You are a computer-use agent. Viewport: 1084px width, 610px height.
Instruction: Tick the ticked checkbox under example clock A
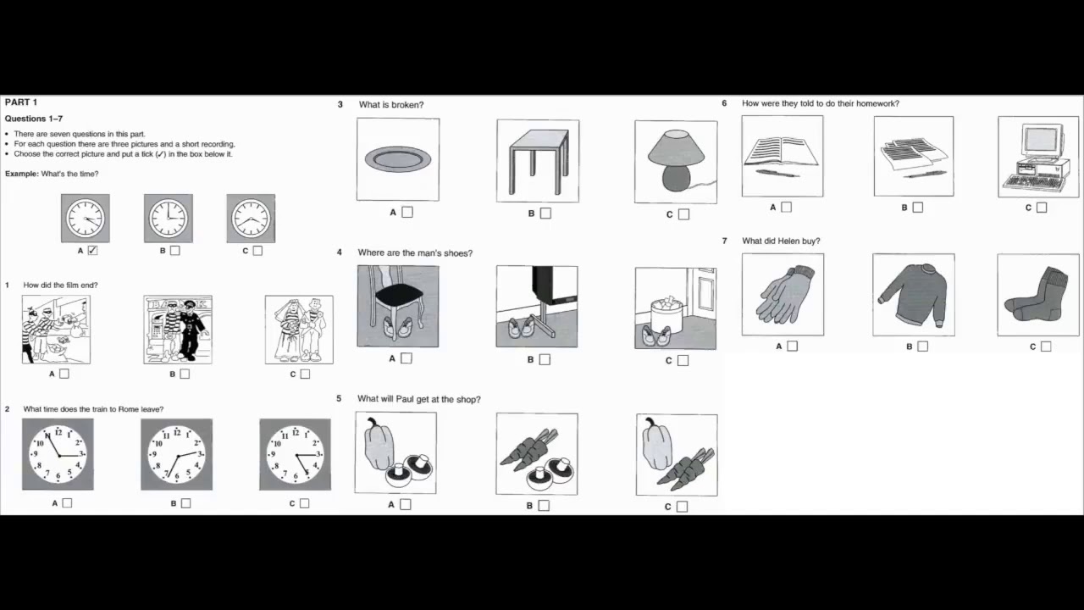[93, 251]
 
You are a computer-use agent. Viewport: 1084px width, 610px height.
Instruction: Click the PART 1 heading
[21, 103]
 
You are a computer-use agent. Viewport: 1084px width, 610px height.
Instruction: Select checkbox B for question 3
[545, 213]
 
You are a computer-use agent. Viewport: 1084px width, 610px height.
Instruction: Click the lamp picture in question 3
[675, 162]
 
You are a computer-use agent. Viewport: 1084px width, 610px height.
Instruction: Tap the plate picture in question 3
[398, 159]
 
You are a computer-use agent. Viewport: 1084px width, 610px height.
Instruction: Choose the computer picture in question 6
[1038, 158]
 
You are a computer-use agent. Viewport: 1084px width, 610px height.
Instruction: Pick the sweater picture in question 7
[913, 295]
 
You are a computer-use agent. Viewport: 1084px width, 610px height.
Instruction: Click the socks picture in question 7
[1038, 295]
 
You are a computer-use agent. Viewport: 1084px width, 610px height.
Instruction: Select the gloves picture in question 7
[783, 295]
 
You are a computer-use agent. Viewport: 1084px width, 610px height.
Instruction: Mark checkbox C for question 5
[683, 507]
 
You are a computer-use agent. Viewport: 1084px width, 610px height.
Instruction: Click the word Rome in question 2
[128, 409]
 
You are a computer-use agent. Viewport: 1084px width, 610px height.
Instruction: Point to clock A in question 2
[58, 454]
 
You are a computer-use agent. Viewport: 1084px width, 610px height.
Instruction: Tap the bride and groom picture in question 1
[299, 330]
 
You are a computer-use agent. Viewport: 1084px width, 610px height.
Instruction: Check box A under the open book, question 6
[787, 207]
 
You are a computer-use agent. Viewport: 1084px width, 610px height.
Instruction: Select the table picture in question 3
[538, 160]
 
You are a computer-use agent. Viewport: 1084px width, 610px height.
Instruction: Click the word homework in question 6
[877, 103]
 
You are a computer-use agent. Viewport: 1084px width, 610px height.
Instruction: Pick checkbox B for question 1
[185, 374]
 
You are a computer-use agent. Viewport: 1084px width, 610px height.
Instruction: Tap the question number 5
[339, 399]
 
